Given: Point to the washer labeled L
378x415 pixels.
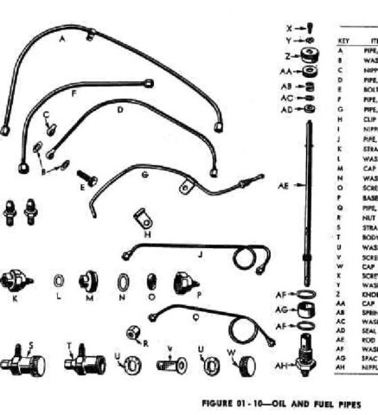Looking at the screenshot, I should (x=59, y=283).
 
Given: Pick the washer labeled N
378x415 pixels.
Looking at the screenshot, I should (x=122, y=282).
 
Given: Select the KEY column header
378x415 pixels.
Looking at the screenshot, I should (x=342, y=41).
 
